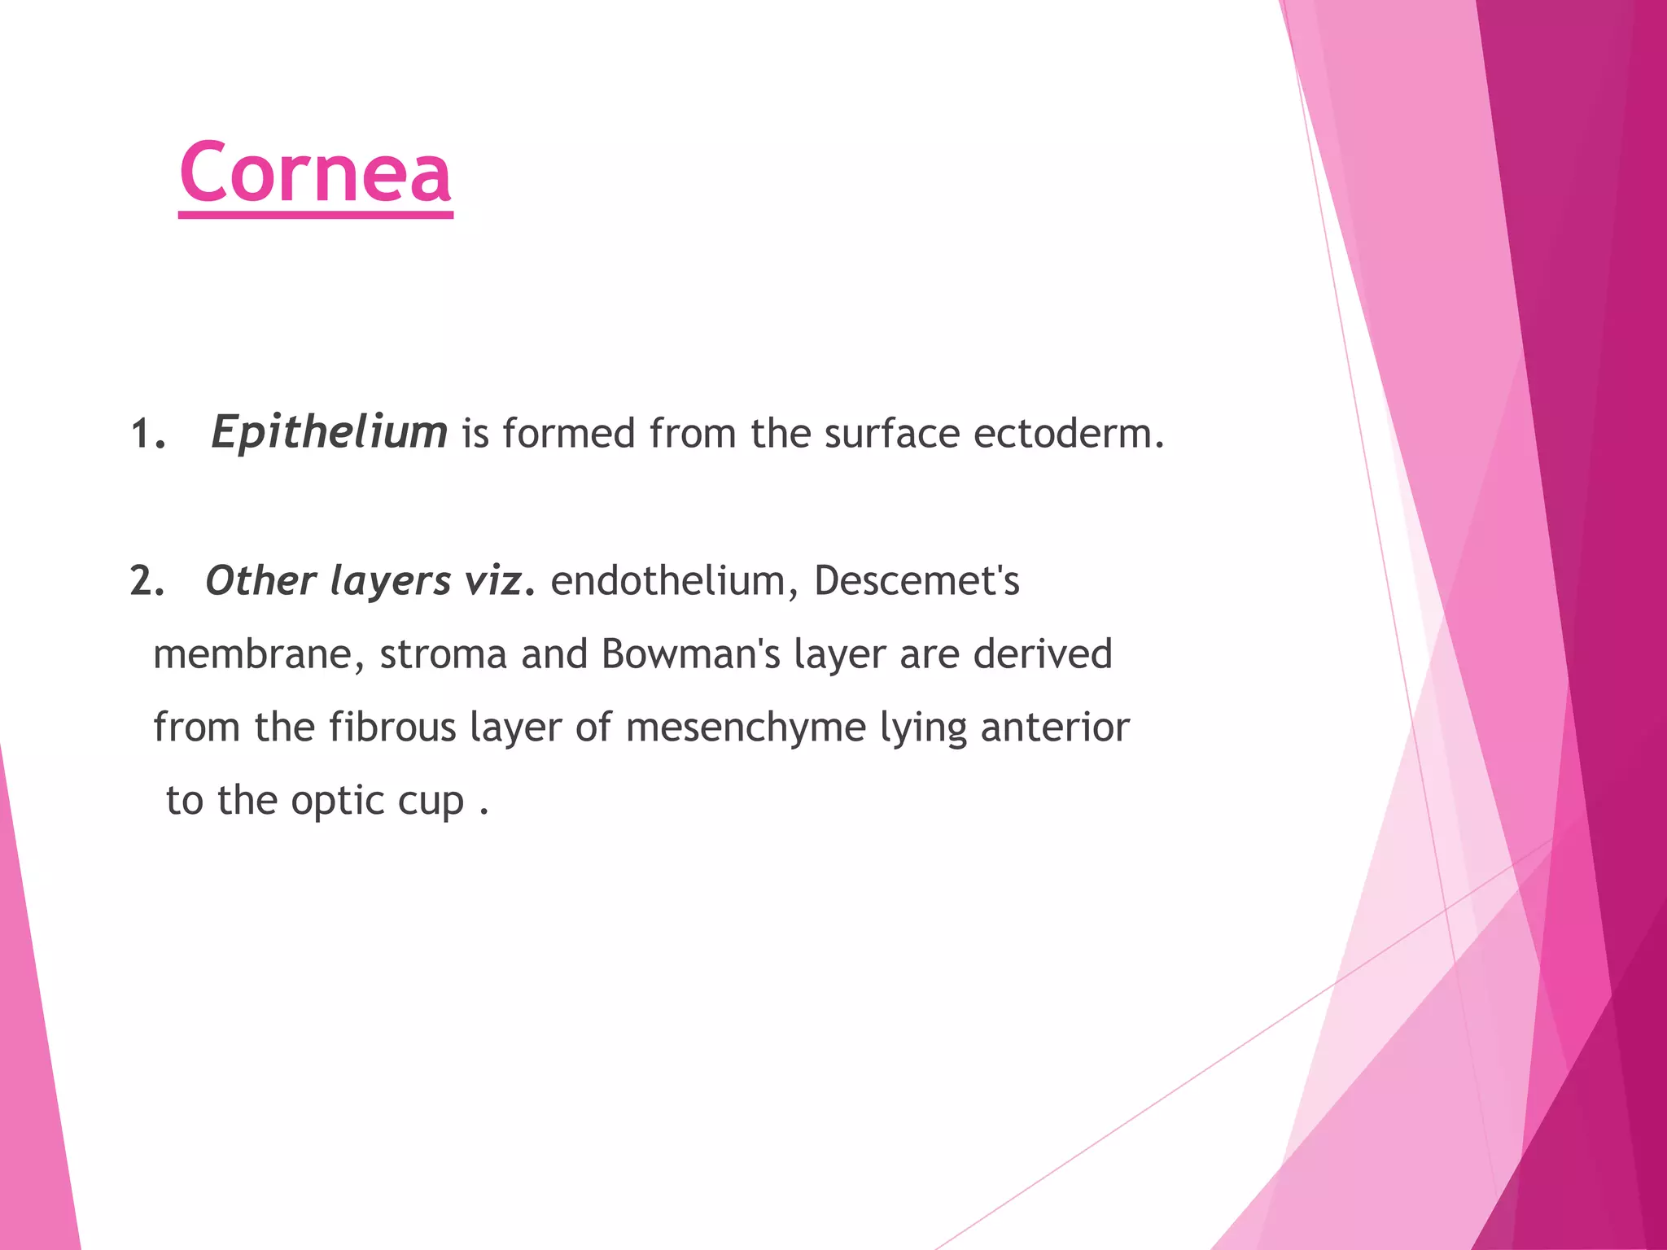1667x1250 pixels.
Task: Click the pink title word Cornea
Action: tap(315, 173)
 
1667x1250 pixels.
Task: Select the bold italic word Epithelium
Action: tap(329, 432)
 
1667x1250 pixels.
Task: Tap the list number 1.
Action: tap(147, 435)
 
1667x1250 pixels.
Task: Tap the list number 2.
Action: tap(147, 582)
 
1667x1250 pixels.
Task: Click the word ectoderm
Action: tap(1069, 434)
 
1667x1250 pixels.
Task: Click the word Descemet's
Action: tap(917, 582)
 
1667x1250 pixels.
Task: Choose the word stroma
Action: tap(444, 655)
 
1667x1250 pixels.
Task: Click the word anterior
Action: tap(1055, 728)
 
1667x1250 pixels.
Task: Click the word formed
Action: tap(568, 434)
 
